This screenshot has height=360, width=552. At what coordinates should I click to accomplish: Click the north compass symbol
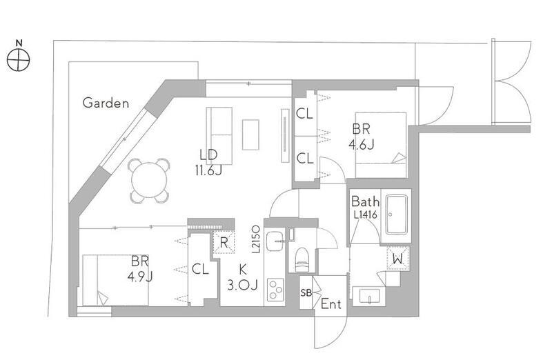coord(19,59)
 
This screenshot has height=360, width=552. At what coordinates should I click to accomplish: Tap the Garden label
coord(106,103)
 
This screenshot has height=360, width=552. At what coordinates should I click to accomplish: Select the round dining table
coord(149,181)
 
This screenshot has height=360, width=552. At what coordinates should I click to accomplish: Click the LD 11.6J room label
coord(208,162)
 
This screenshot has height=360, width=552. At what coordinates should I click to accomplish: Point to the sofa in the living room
coord(219,136)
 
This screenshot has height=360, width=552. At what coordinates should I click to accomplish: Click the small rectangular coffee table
coord(250,134)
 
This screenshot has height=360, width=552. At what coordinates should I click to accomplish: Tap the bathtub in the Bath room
coord(397,214)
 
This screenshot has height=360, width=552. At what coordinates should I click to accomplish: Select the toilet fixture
coord(302,260)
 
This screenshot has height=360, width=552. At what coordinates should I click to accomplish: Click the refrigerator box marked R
coord(224,242)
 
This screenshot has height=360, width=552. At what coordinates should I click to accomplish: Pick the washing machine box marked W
coord(398,259)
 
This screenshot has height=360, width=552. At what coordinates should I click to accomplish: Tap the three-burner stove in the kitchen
coord(275,290)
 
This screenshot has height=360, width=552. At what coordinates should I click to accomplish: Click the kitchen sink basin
coord(275,241)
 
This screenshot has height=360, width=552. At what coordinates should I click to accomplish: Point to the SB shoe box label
coord(306,292)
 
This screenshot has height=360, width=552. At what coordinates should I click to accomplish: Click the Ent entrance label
coord(331,303)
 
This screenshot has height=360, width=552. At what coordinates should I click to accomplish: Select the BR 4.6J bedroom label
coord(361,137)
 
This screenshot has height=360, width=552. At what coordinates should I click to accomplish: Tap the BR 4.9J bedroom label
coord(140,269)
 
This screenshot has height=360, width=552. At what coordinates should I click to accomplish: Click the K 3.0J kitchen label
coord(243,277)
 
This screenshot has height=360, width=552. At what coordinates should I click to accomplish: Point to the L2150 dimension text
coord(256,239)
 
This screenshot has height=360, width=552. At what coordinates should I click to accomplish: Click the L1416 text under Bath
coord(366,214)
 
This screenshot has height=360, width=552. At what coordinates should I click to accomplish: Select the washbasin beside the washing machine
coord(369,296)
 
